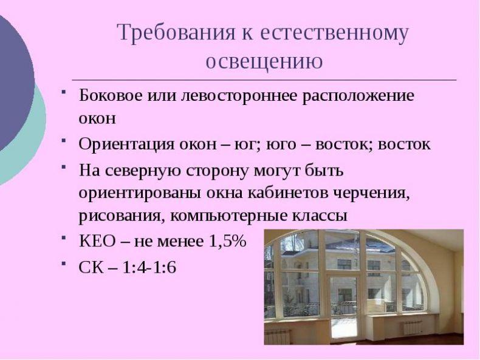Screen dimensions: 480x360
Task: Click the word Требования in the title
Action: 176,32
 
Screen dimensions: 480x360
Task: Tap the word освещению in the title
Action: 264,61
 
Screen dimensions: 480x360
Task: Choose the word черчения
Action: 371,194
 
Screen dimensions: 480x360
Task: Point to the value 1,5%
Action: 228,242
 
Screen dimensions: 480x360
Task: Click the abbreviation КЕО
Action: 98,242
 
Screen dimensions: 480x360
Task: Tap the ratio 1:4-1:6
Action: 149,267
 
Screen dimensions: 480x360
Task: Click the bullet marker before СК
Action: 63,263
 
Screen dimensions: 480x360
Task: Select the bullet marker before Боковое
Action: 63,92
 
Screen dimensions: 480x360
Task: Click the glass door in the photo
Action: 344,308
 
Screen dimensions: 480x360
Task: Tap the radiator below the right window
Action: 413,328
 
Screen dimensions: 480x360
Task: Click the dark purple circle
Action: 14,83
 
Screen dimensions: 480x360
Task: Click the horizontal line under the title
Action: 264,80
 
